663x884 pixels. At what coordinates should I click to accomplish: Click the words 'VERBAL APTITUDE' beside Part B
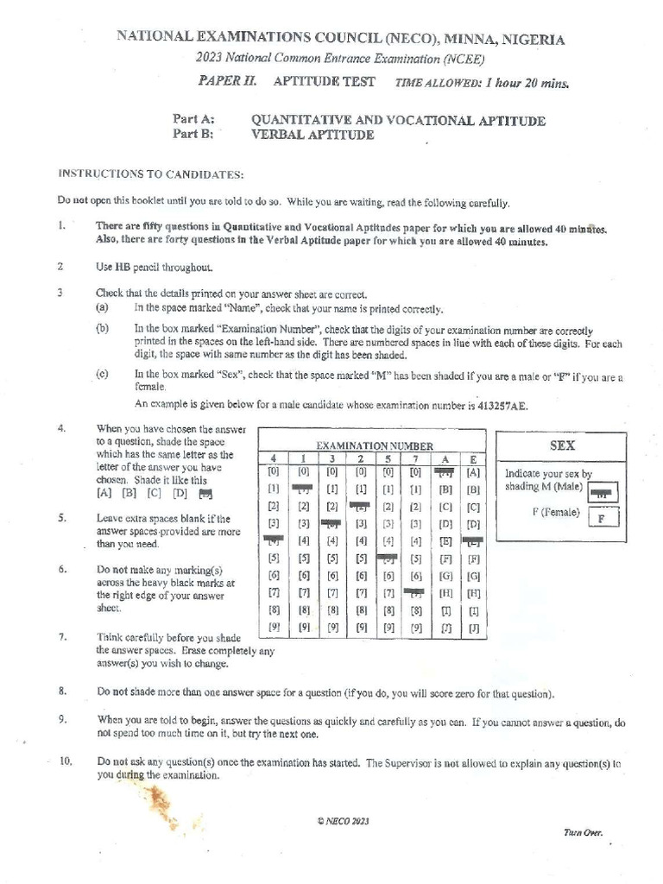click(x=312, y=135)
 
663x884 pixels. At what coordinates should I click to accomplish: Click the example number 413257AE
click(x=508, y=404)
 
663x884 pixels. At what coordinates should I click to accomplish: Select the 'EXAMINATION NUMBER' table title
click(x=374, y=445)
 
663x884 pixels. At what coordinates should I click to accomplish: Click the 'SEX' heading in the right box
click(x=562, y=445)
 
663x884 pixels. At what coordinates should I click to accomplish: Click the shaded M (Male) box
click(x=603, y=493)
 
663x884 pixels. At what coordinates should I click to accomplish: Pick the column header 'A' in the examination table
click(x=445, y=458)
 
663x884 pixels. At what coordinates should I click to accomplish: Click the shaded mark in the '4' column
click(x=273, y=540)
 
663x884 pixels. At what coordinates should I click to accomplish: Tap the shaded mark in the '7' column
click(x=416, y=592)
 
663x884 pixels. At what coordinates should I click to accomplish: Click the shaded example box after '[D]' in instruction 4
click(x=205, y=495)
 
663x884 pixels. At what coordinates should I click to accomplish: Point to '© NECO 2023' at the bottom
click(x=343, y=822)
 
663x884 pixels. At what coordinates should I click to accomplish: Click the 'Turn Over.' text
click(x=584, y=833)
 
